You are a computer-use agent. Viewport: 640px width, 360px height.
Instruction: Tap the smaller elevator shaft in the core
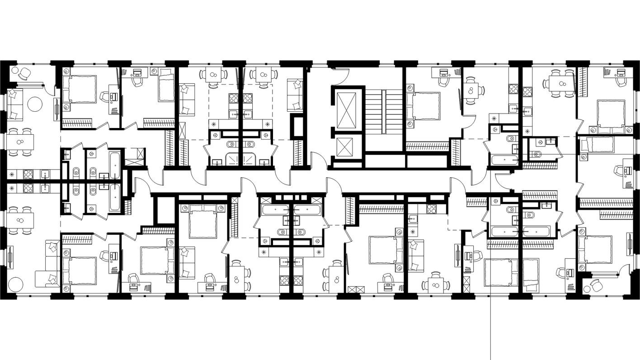coord(347,147)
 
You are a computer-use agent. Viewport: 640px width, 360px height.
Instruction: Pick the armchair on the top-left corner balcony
coord(25,73)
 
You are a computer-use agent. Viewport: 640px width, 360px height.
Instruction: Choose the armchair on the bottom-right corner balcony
coord(597,286)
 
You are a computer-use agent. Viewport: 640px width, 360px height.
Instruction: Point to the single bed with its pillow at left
coord(597,145)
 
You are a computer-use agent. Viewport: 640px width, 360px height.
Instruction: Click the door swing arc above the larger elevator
coord(342,75)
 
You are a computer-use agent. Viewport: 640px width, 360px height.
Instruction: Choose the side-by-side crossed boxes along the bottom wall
coord(355,289)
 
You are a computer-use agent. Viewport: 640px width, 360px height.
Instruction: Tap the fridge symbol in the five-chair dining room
coord(527,132)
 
